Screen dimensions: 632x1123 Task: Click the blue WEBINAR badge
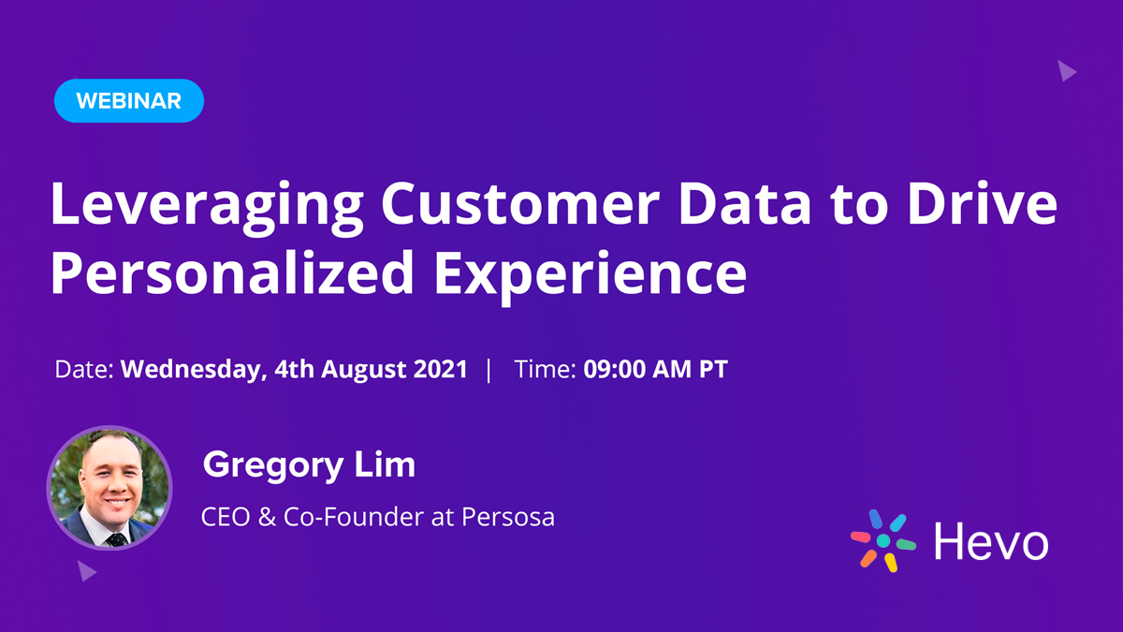click(129, 101)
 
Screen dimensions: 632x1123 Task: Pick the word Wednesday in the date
click(192, 369)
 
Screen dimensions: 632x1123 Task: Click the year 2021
click(440, 369)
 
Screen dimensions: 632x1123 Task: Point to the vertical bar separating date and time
click(489, 369)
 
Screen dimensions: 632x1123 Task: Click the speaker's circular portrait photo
click(109, 488)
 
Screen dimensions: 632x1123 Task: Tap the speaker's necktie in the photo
click(115, 536)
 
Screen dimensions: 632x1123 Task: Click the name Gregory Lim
click(309, 464)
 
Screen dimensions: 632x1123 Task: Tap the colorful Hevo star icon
click(882, 540)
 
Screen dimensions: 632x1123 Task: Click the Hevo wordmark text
click(991, 541)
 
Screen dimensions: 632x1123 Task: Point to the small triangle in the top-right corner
click(1066, 70)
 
